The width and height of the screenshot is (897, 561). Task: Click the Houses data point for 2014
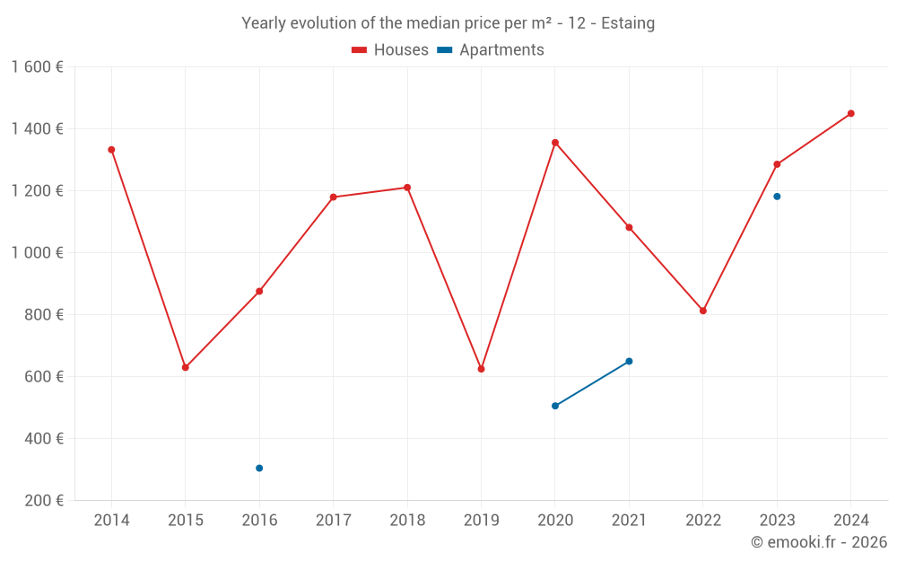tap(111, 150)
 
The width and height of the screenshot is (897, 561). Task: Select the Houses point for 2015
tap(186, 367)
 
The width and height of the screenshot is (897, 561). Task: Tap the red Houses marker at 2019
tap(481, 369)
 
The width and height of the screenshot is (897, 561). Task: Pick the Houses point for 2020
tap(555, 143)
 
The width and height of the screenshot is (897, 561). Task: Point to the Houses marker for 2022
tap(703, 311)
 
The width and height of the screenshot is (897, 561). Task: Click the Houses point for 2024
tap(850, 114)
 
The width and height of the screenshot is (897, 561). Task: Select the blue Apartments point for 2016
tap(259, 468)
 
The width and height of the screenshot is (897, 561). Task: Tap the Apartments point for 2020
tap(555, 406)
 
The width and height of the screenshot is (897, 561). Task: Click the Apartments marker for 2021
tap(629, 361)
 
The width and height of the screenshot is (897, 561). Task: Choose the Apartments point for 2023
tap(777, 197)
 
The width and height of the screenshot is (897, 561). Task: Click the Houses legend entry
tap(390, 50)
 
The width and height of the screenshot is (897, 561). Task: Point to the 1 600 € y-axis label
tap(38, 67)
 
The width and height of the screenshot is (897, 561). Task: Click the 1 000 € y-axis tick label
tap(38, 253)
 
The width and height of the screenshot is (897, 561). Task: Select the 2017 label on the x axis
tap(333, 521)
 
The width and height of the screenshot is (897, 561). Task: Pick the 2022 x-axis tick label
tap(703, 521)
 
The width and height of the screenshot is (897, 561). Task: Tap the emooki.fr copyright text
tap(819, 542)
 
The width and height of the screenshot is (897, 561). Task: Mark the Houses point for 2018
tap(407, 188)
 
